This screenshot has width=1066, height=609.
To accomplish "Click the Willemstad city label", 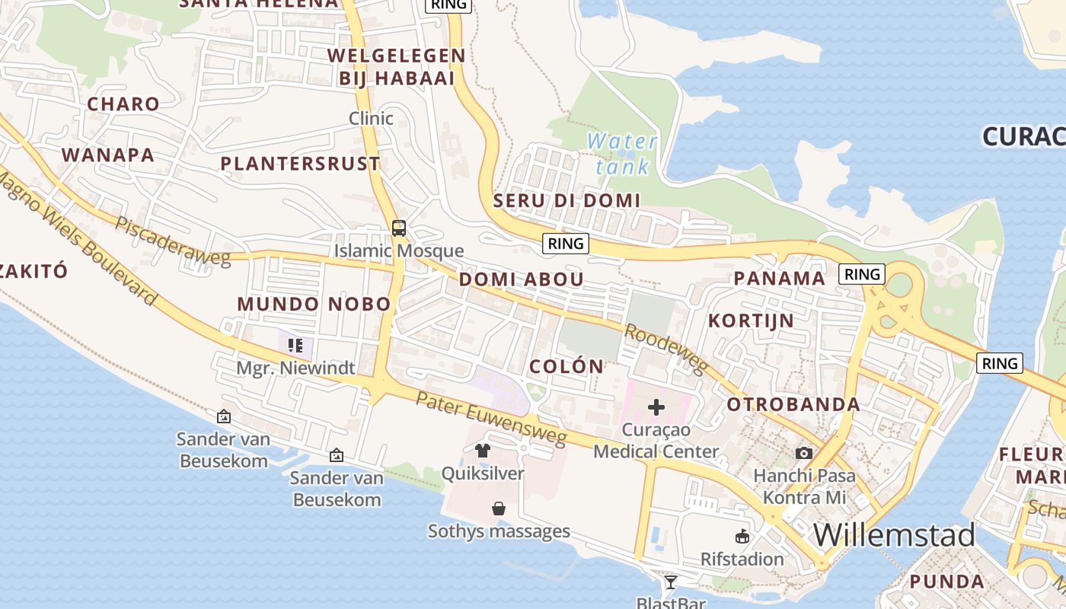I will click(x=894, y=535).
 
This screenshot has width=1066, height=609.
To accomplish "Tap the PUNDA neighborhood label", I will click(x=946, y=582).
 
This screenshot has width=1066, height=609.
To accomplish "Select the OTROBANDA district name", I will click(x=793, y=404).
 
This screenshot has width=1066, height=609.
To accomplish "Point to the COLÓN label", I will click(x=567, y=366).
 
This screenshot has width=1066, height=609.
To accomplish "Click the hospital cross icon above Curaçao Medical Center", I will click(x=656, y=408).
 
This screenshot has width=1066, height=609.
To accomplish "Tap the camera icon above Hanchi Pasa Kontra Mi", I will click(x=803, y=454).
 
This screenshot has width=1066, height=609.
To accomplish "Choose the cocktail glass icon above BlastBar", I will click(x=670, y=582).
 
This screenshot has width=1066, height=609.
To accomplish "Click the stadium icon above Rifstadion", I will click(x=742, y=537).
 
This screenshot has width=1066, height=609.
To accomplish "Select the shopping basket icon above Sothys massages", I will click(x=499, y=509).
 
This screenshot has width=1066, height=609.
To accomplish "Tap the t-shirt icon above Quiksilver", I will click(x=483, y=451).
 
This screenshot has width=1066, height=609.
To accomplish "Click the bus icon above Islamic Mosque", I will click(x=399, y=228).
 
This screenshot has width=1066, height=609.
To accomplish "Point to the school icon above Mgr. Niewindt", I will click(x=295, y=346).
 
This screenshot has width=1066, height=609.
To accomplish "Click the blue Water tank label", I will click(x=622, y=153).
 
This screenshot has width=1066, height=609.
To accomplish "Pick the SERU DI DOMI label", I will click(x=567, y=200).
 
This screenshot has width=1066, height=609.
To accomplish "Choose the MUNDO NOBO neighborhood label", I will click(x=314, y=304).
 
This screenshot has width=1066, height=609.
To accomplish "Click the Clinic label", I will click(x=371, y=118).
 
